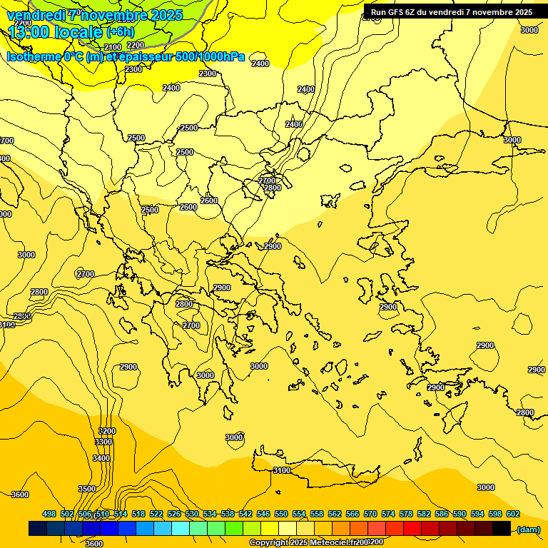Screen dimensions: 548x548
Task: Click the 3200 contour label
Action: point(106,431)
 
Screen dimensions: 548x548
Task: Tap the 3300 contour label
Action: point(103,442)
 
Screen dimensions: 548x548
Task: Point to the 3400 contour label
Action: point(101,458)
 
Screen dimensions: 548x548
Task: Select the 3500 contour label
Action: point(87,489)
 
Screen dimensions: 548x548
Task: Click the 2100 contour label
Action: point(113,47)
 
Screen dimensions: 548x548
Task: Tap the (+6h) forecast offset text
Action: point(120,32)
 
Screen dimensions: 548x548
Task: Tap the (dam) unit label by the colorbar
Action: point(528,529)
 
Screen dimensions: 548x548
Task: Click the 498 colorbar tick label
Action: point(49,514)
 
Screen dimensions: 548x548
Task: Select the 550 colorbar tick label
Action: point(281,514)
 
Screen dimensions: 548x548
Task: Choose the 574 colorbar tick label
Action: point(388,514)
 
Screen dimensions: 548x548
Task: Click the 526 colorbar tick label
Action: point(174,514)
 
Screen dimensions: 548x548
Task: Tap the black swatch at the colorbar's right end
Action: point(502,529)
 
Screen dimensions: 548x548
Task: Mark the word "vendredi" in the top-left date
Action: point(36,15)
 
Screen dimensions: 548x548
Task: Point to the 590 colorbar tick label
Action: point(460,514)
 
